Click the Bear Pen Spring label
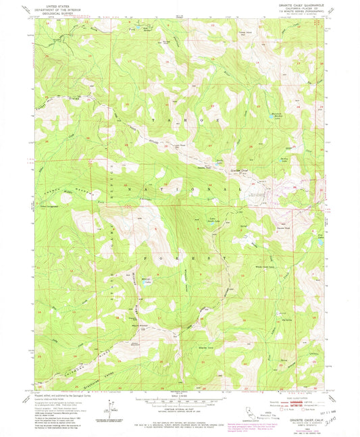143,28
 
